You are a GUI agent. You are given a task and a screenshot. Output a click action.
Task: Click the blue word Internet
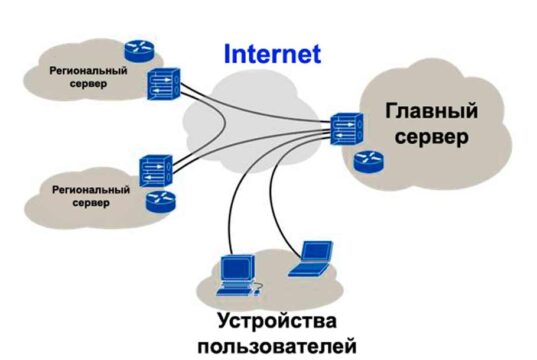coord(271,53)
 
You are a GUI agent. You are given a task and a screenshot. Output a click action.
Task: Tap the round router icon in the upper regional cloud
coord(137,49)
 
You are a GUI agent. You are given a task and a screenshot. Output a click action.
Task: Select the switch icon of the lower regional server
coord(157,167)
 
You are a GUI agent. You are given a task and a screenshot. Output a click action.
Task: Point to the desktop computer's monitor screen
coord(232,267)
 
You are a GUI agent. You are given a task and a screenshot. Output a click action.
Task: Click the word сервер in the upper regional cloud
coord(87,86)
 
